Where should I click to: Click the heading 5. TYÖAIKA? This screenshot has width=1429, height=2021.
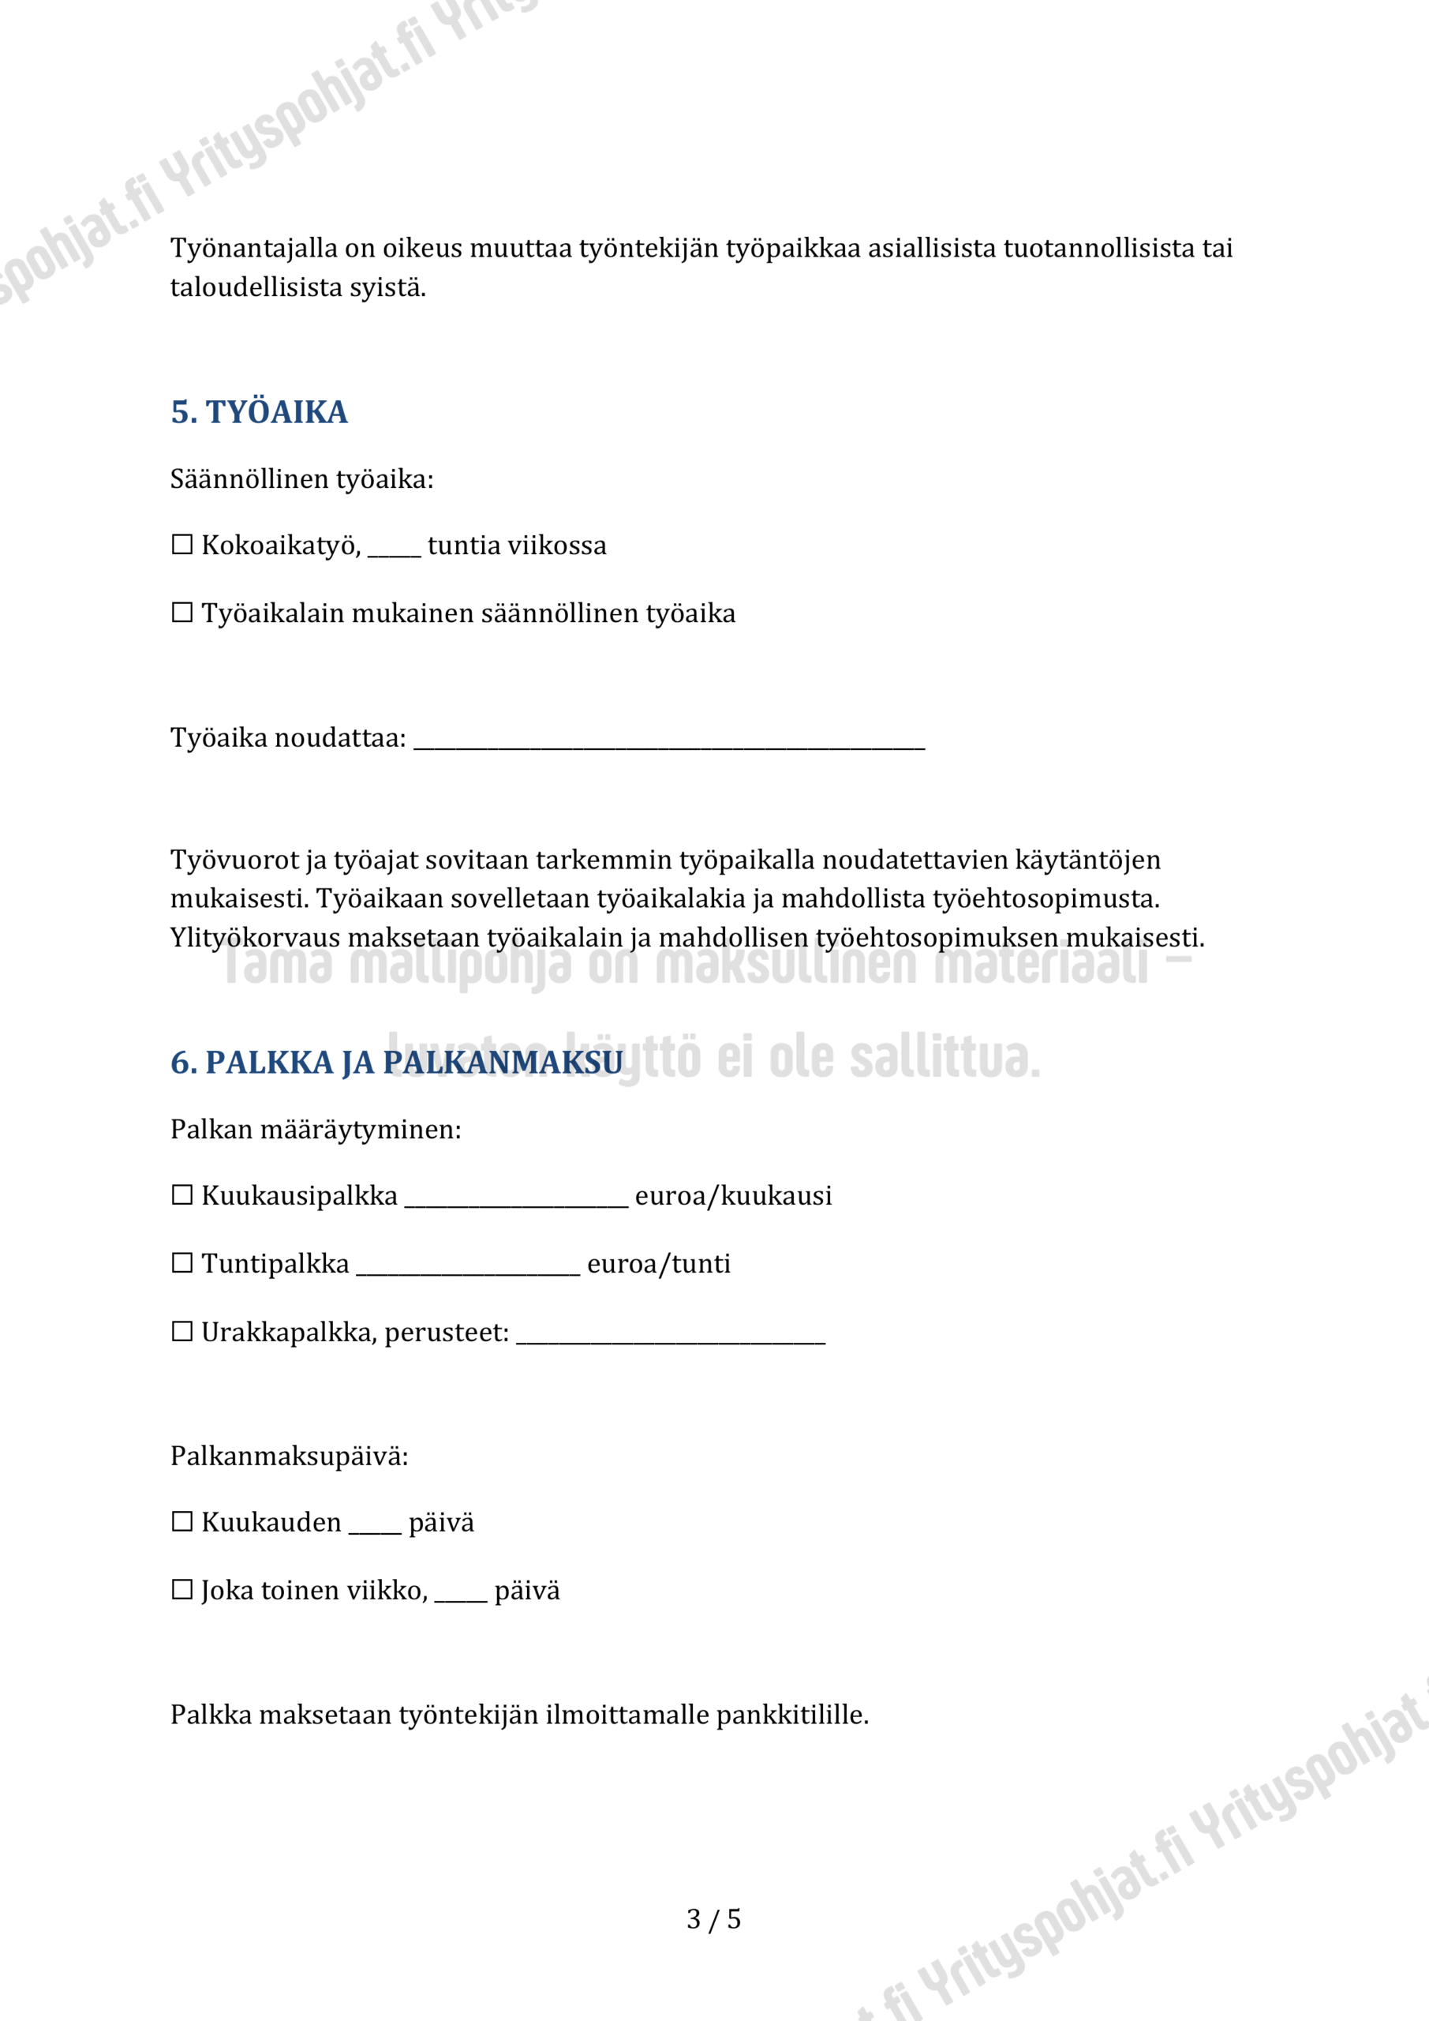tap(259, 412)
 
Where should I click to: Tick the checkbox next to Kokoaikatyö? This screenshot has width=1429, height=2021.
tap(182, 545)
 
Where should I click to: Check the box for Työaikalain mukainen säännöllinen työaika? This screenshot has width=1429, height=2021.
tap(182, 613)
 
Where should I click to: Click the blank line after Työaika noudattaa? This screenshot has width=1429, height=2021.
tap(669, 741)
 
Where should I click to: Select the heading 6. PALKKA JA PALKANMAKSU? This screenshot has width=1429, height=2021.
tap(397, 1063)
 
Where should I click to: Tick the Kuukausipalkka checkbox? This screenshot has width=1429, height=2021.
tap(182, 1195)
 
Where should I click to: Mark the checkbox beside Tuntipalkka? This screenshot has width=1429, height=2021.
tap(182, 1263)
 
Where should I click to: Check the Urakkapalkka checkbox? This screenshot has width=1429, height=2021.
tap(182, 1332)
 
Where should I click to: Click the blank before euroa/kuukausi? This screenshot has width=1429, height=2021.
tap(517, 1201)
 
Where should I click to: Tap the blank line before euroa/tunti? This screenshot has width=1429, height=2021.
tap(468, 1269)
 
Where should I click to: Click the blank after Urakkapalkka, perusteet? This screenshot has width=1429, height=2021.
tap(671, 1337)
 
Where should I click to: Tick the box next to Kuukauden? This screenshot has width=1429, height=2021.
tap(182, 1522)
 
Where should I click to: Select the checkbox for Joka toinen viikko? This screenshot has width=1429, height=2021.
tap(182, 1590)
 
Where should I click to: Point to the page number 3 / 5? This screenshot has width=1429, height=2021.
tap(713, 1919)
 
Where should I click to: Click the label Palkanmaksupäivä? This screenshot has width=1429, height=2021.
tap(290, 1456)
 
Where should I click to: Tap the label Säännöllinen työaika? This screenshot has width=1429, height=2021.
tap(301, 479)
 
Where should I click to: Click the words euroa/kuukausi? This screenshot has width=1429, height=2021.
tap(733, 1195)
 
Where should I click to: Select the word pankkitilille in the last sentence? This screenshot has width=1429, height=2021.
tap(791, 1715)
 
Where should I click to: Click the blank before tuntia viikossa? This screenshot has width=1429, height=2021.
tap(395, 550)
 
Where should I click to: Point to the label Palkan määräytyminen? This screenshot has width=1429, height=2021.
tap(316, 1130)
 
